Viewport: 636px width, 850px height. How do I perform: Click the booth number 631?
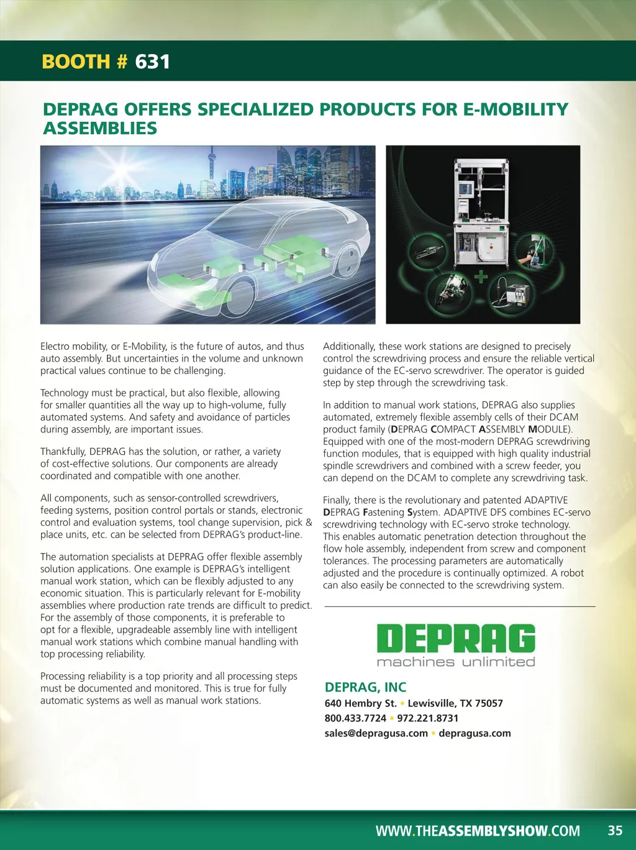point(152,62)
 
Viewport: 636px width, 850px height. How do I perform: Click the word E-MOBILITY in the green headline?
point(516,109)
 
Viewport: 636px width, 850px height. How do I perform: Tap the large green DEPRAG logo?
point(456,639)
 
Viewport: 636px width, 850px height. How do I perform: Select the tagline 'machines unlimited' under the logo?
point(456,662)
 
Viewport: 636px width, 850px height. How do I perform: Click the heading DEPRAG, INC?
point(365,687)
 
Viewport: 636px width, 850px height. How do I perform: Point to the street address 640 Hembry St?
point(360,703)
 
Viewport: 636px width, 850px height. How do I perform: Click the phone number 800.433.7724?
point(355,718)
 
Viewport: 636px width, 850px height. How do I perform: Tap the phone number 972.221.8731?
point(428,718)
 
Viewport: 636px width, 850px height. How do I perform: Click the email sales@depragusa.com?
point(376,733)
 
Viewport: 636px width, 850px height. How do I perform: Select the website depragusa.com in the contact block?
point(475,733)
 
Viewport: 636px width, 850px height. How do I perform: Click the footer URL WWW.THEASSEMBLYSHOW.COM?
point(478,831)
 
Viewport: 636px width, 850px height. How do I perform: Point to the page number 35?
point(615,831)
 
